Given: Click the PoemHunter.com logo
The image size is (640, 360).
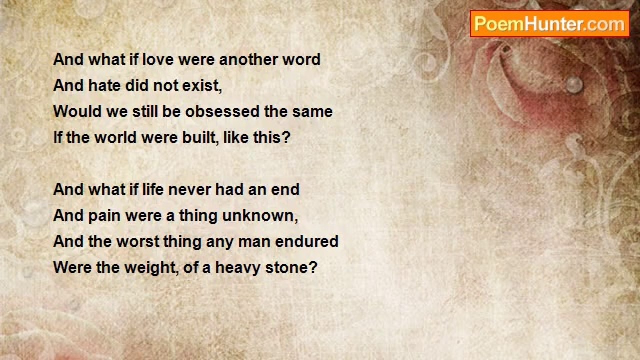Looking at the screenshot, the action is pos(550,24).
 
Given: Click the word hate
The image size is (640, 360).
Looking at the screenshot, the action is pos(104,85).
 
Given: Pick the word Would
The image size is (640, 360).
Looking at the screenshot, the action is pos(77,111).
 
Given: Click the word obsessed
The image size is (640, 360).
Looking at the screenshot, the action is pos(222,111).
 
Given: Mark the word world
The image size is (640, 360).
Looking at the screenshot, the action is pos(115,137).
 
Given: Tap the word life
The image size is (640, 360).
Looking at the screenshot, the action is pos(153,189).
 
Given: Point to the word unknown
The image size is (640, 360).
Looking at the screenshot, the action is pos(258,215).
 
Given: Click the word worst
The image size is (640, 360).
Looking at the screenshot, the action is pos(138,241).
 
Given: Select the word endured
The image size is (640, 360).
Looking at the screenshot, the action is pos(307,241).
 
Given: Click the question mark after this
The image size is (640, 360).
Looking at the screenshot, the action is pos(286,137).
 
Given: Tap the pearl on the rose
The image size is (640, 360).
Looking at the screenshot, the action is pos(574,85).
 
